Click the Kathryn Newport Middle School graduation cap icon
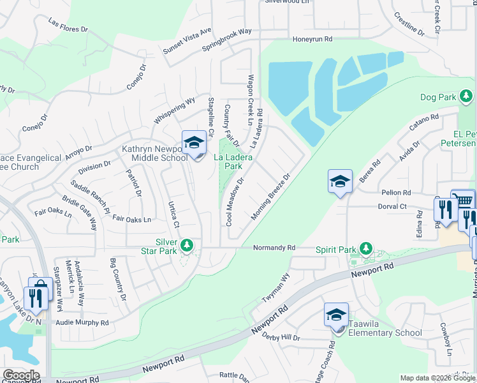194,143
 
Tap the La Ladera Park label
228,161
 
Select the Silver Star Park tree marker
187,245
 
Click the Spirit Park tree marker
365,248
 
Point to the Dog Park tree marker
466,97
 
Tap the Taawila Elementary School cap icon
336,315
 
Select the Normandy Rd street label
274,248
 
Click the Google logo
20,375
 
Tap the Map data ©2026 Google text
437,378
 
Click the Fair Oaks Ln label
131,219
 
